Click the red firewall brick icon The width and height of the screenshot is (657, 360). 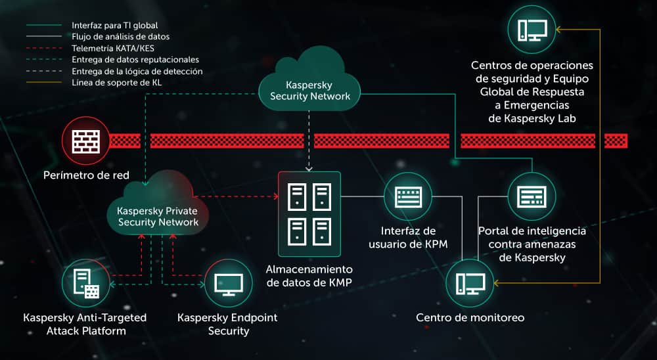[x=81, y=141]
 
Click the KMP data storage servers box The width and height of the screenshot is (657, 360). [x=309, y=214]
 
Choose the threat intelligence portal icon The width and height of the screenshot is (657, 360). [x=532, y=196]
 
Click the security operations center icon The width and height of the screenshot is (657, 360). [x=532, y=30]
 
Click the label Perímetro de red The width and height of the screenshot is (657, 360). [x=86, y=175]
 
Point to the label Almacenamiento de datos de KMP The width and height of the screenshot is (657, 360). [x=309, y=276]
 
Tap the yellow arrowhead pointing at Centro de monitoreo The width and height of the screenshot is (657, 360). [x=497, y=283]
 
